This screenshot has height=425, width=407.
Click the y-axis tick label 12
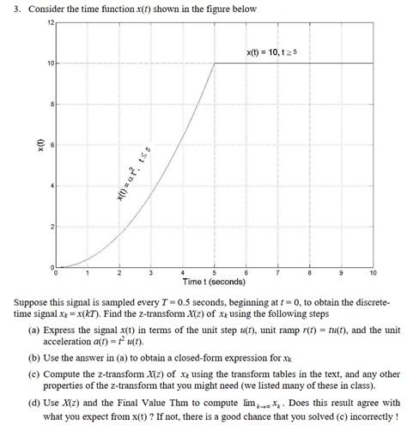48,21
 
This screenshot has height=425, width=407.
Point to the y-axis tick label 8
50,104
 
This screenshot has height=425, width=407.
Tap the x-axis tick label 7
278,273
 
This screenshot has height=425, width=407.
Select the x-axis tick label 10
372,273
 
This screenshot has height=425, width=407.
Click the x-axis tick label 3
151,273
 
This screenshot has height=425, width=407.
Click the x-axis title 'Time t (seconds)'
214,282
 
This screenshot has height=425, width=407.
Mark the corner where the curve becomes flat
214,63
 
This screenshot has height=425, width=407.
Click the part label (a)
33,328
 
